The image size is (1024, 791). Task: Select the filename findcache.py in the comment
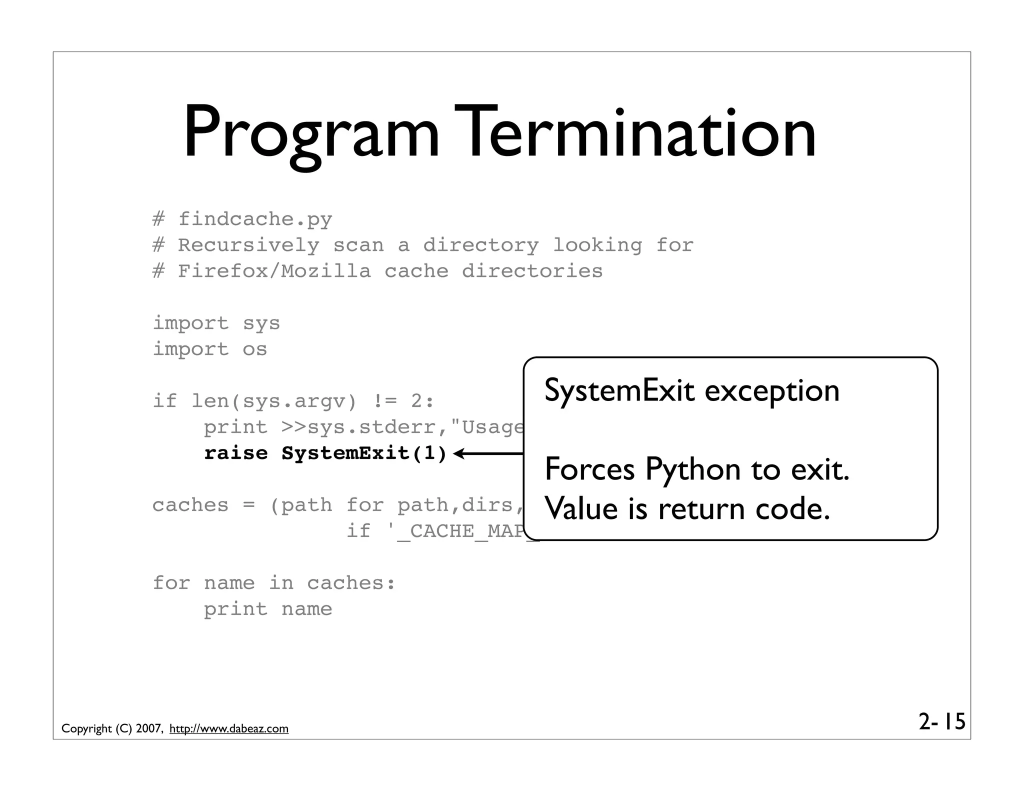pyautogui.click(x=255, y=219)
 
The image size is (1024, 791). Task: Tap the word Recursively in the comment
pyautogui.click(x=248, y=245)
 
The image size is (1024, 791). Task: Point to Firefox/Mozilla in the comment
pyautogui.click(x=274, y=271)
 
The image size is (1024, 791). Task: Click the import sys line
pyautogui.click(x=216, y=323)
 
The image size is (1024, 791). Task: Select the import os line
pyautogui.click(x=209, y=349)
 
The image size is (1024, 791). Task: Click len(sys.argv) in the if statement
pyautogui.click(x=274, y=401)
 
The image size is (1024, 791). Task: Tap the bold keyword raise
pyautogui.click(x=235, y=453)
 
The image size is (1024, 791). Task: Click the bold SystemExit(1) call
pyautogui.click(x=364, y=453)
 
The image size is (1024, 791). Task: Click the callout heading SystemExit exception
pyautogui.click(x=691, y=390)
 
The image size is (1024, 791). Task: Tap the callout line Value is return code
pyautogui.click(x=687, y=509)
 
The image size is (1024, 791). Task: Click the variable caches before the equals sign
pyautogui.click(x=190, y=505)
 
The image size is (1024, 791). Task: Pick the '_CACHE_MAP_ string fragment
pyautogui.click(x=462, y=531)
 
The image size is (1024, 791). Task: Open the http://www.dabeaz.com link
pyautogui.click(x=229, y=729)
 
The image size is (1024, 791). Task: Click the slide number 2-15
pyautogui.click(x=941, y=722)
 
